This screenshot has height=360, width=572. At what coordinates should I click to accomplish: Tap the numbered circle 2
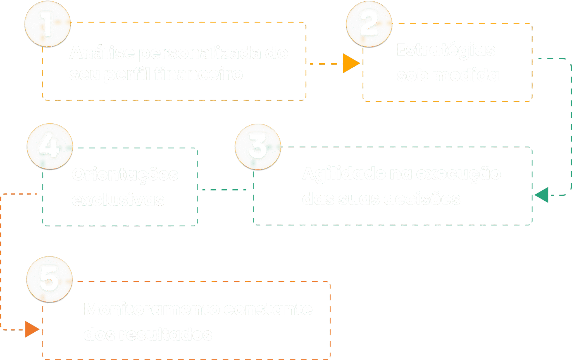pos(369,24)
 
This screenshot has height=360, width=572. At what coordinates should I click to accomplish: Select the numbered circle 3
pos(258,147)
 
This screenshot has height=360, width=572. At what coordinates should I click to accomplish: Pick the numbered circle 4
pos(50,147)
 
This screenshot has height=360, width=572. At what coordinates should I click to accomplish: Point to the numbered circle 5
pos(49,279)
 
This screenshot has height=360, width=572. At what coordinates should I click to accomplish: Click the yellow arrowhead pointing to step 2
pos(351,63)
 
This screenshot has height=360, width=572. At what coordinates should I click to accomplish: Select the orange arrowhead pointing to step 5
pos(32,329)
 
